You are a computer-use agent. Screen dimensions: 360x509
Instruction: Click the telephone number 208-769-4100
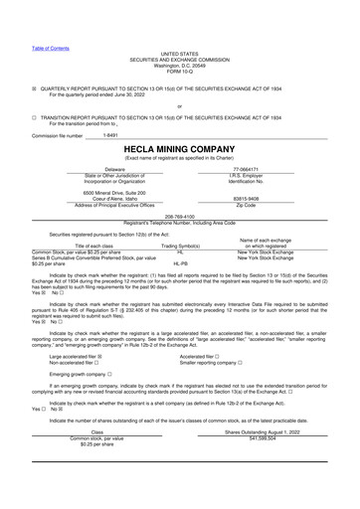(179, 215)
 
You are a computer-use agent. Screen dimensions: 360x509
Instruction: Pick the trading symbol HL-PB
(180, 263)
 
